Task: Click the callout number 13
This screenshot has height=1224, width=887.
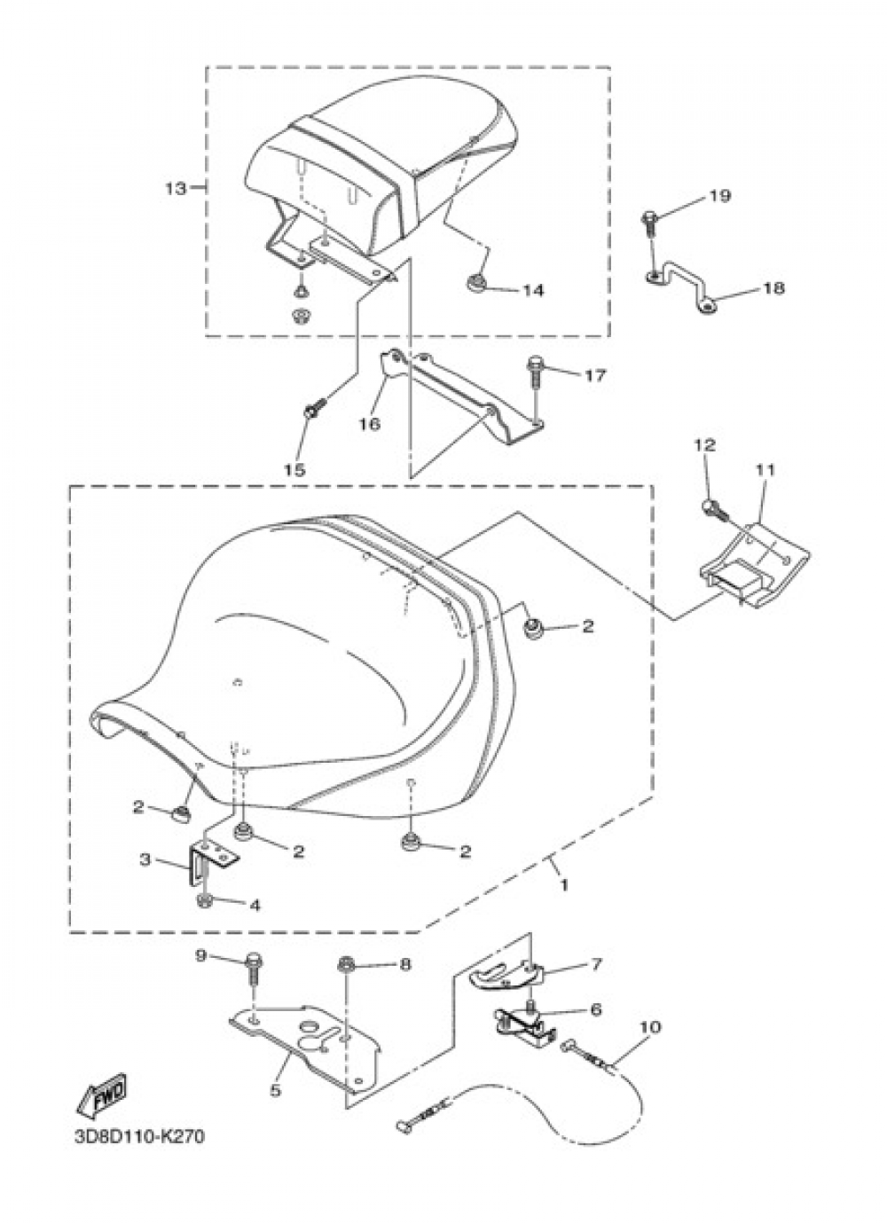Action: click(177, 189)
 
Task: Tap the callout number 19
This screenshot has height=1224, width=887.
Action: click(720, 196)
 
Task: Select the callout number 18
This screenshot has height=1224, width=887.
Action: click(773, 288)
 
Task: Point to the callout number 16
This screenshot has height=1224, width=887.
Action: click(371, 423)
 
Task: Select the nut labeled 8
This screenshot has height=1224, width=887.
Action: click(345, 964)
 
